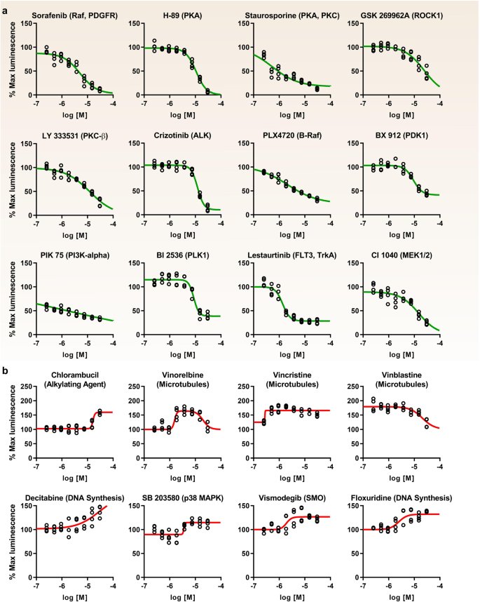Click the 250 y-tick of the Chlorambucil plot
click(x=26, y=387)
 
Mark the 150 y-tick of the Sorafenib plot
click(x=26, y=23)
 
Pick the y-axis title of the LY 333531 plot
click(x=9, y=180)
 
